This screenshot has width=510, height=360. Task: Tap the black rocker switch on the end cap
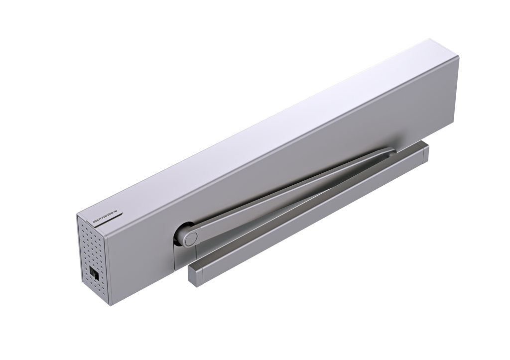[93, 272]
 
